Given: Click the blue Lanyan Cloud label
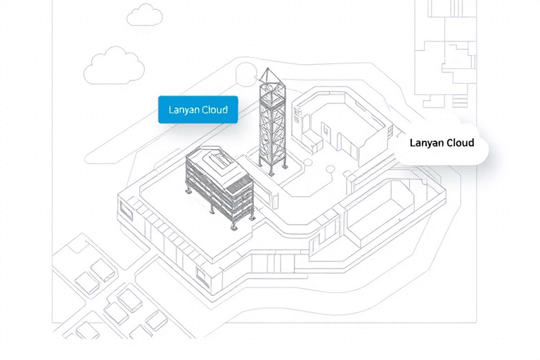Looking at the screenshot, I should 198,110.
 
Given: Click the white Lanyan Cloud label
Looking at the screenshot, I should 442,143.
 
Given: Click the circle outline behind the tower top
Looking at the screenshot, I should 247,73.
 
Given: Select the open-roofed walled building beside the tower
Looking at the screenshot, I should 341,123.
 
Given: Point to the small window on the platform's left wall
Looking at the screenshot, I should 126,208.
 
